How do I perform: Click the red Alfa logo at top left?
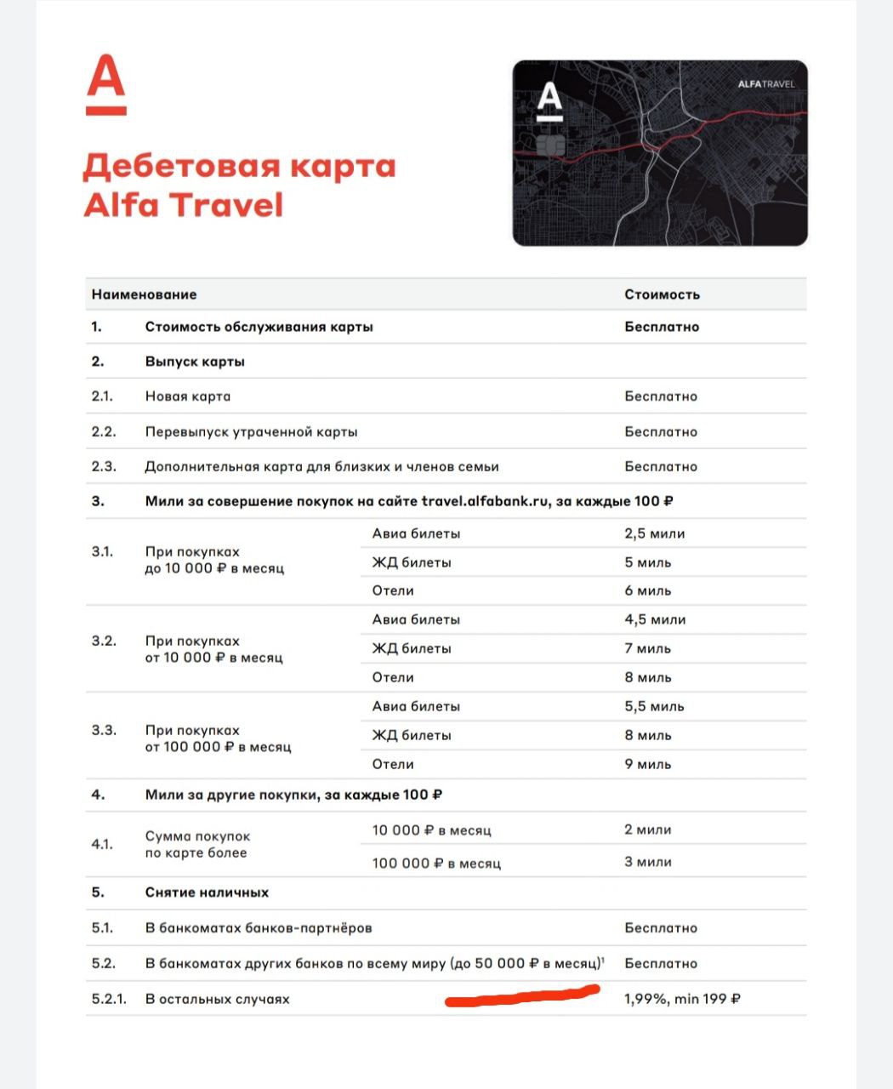coord(106,85)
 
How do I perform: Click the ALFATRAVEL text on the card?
coord(765,84)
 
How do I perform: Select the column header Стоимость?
coord(662,294)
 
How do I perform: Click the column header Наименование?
coord(144,294)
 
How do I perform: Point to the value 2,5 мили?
coord(654,533)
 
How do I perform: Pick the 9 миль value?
coord(647,764)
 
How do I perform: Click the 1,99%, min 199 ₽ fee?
coord(682,999)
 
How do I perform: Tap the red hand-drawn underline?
coord(522,995)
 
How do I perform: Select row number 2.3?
coord(103,466)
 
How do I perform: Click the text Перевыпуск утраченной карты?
coord(251,431)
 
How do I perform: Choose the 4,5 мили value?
coord(655,619)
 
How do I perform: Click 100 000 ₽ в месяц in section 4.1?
coord(436,863)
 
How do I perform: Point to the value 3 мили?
coord(647,862)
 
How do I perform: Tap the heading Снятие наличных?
coord(207,892)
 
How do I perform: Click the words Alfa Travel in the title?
coord(183,206)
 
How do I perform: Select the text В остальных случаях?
coord(217,999)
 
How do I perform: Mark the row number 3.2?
coord(104,641)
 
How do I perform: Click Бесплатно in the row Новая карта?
coord(661,396)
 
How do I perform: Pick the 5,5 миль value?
coord(654,706)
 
